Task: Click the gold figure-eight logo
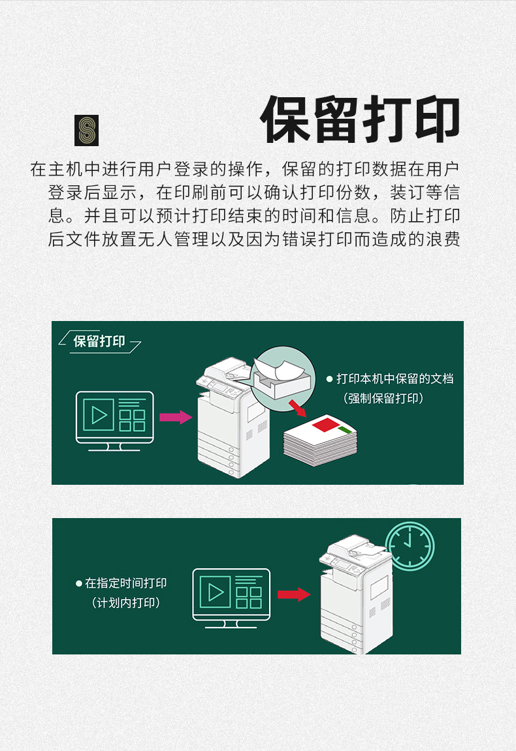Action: point(86,130)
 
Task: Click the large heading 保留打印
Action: point(360,119)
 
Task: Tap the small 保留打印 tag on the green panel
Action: point(99,341)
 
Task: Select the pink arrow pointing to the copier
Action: point(176,417)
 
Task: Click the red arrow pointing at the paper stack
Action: point(297,408)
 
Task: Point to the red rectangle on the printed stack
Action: point(326,424)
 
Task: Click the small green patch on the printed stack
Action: point(344,429)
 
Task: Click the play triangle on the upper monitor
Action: point(99,415)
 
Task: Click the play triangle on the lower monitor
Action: point(216,592)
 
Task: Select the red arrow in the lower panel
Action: point(294,594)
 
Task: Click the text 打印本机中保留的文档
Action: point(395,379)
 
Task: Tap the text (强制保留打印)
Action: point(383,398)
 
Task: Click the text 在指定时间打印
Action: point(125,583)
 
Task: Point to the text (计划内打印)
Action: point(125,602)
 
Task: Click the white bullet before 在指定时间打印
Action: point(79,583)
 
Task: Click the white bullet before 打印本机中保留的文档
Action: point(329,379)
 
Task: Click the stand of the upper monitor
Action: point(114,448)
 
